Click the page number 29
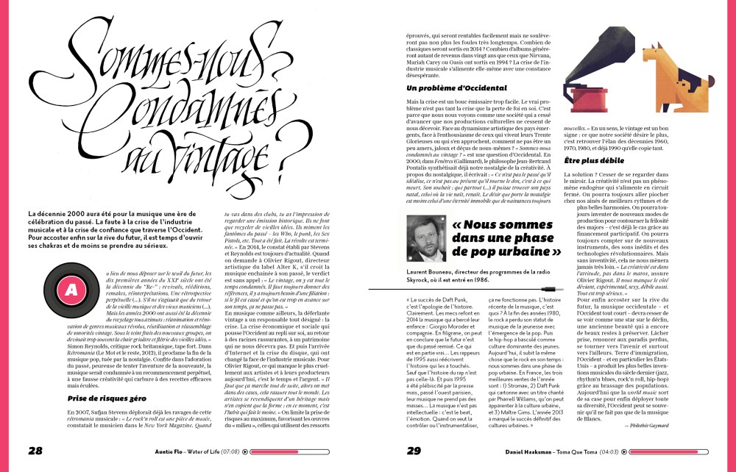pyautogui.click(x=412, y=450)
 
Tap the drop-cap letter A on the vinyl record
pyautogui.click(x=71, y=290)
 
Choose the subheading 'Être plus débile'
pyautogui.click(x=594, y=159)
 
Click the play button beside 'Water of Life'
pyautogui.click(x=247, y=451)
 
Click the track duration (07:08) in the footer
pyautogui.click(x=230, y=451)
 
